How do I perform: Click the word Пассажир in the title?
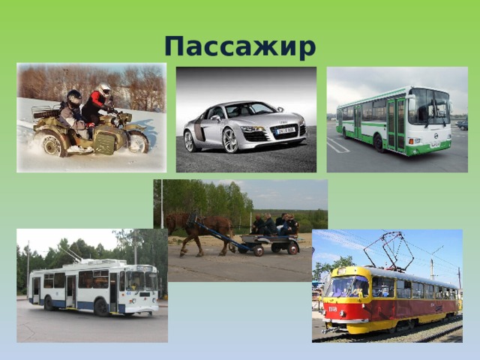240,46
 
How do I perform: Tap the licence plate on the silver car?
285,130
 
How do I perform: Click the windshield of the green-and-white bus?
429,106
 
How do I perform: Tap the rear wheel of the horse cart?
292,247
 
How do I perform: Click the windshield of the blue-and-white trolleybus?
142,280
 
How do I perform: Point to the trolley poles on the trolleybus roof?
75,256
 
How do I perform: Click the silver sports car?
245,124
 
